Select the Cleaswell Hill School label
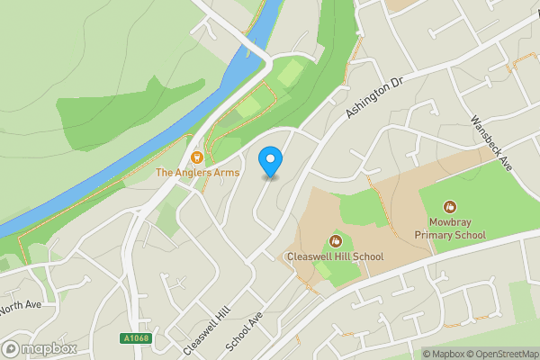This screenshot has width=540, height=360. [x=335, y=256]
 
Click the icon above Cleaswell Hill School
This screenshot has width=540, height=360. [x=335, y=240]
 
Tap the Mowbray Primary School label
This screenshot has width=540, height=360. [x=450, y=229]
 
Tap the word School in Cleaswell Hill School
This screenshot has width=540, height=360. [x=368, y=256]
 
